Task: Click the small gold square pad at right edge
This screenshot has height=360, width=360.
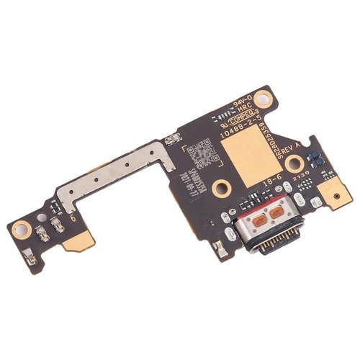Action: (x=337, y=192)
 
